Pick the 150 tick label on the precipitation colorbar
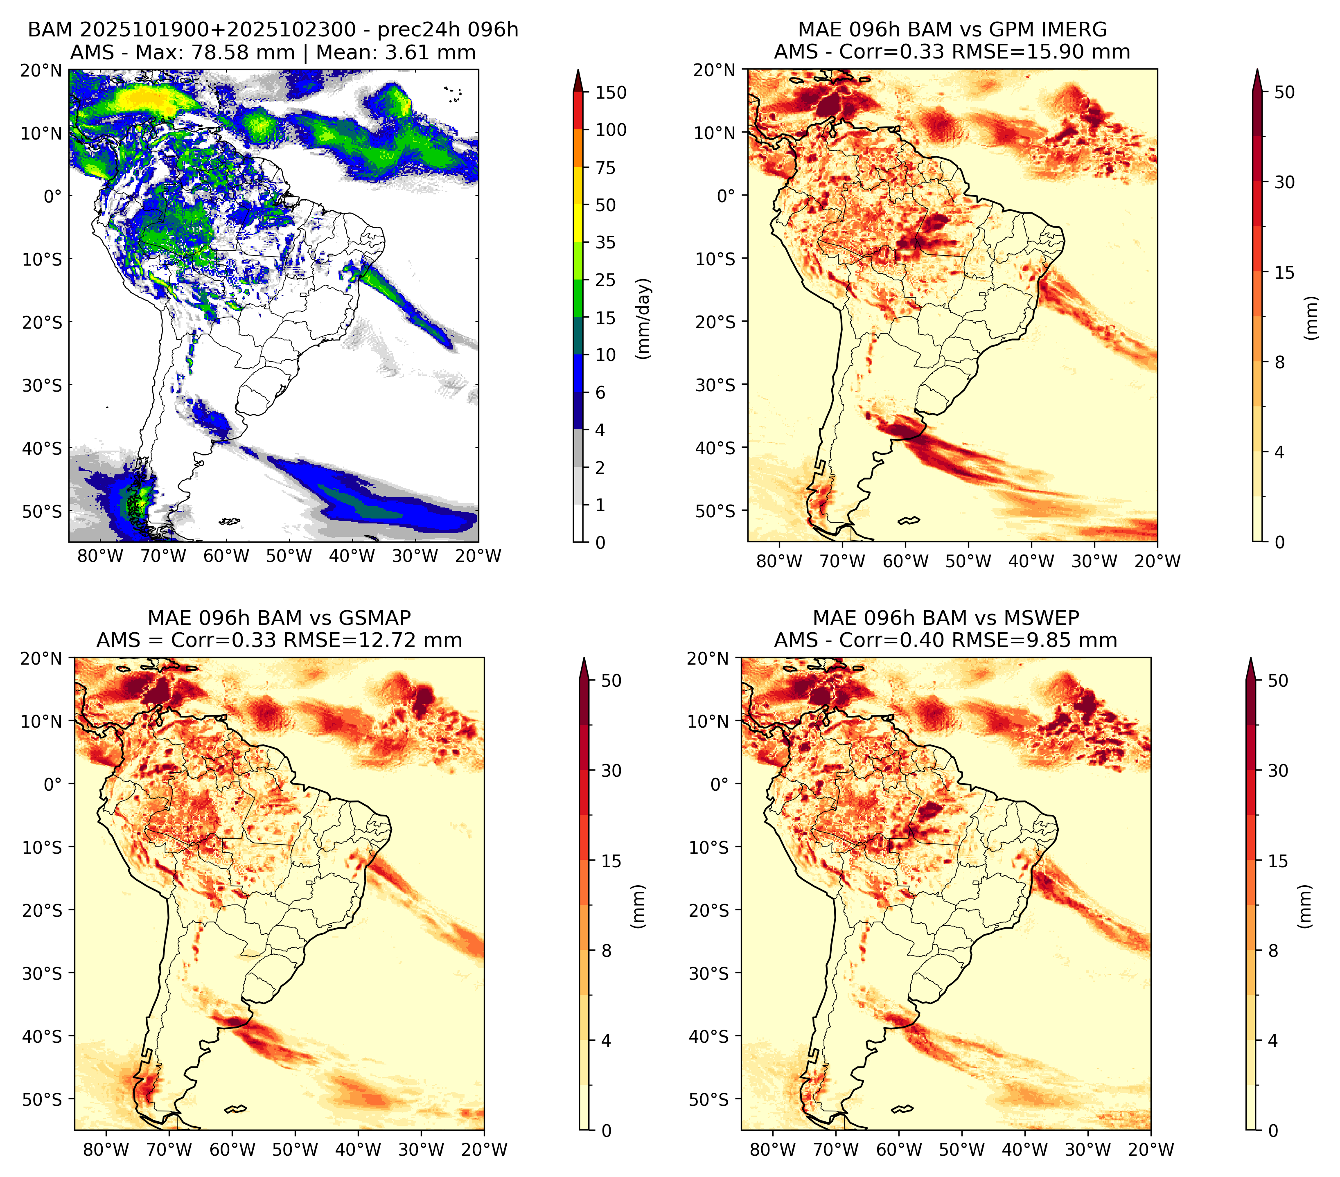[611, 92]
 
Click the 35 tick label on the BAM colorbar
[606, 242]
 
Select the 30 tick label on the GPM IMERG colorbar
[1285, 182]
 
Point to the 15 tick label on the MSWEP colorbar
[1278, 861]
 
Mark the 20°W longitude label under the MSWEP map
[1151, 1150]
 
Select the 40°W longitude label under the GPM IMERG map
[1031, 561]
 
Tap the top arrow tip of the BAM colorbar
[578, 70]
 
